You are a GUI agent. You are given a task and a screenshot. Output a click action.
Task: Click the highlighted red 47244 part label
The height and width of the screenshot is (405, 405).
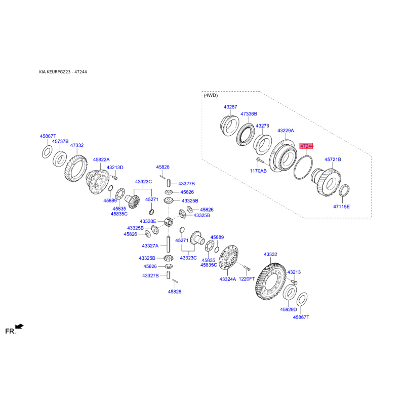(306, 146)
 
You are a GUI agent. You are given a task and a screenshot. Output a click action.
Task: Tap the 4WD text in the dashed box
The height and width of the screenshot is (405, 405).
(211, 95)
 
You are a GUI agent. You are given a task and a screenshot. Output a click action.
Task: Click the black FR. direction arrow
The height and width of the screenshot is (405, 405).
(19, 327)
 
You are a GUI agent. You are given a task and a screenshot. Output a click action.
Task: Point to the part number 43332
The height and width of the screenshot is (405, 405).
(270, 255)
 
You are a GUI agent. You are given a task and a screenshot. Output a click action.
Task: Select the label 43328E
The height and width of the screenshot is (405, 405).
(148, 221)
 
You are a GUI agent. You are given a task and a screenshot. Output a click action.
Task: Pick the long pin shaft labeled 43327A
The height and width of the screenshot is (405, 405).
(169, 244)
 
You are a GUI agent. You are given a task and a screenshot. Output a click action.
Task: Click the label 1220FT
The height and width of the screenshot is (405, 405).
(247, 279)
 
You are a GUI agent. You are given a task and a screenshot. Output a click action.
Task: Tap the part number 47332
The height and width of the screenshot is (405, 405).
(77, 145)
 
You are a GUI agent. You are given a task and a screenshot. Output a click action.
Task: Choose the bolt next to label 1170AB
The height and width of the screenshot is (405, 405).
(259, 160)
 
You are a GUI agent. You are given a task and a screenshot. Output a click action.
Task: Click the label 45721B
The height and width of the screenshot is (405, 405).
(333, 159)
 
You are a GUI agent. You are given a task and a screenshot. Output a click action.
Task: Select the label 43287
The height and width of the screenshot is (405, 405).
(230, 107)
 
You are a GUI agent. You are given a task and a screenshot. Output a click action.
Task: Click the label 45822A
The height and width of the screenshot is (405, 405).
(101, 160)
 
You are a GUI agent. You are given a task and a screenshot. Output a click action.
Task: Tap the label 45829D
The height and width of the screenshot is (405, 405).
(288, 309)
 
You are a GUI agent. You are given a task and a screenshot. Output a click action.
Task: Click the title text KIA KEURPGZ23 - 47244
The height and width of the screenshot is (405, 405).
(63, 72)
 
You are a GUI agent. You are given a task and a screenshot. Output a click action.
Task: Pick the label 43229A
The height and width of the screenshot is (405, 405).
(286, 131)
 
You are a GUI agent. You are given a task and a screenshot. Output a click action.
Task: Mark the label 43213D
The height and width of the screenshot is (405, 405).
(115, 168)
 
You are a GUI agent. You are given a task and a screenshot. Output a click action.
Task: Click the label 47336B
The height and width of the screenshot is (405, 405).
(249, 114)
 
